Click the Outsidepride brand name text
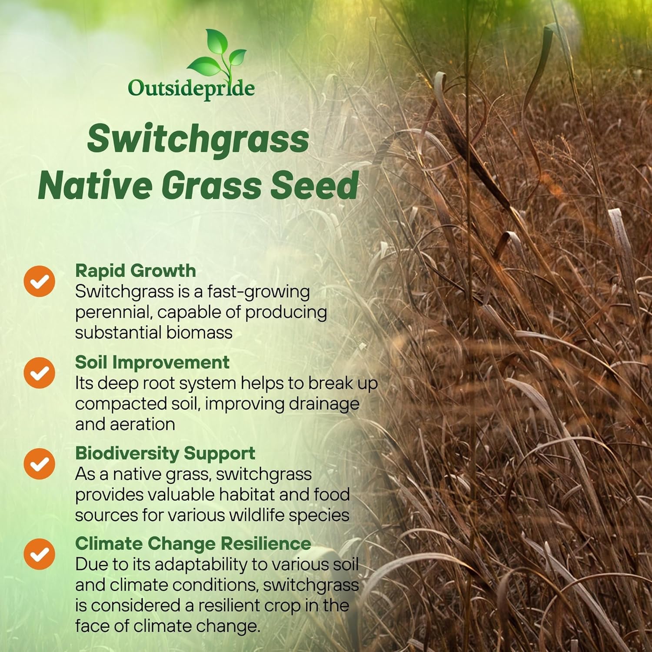tap(191, 88)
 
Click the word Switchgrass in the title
tap(198, 139)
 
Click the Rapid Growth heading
tap(135, 271)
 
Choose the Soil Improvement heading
tap(152, 362)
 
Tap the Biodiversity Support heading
tap(165, 453)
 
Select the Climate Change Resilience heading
tap(193, 544)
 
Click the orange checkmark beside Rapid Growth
tap(40, 281)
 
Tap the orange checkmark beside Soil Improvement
tap(40, 373)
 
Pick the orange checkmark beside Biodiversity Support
tap(40, 463)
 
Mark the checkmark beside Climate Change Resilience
tap(40, 554)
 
